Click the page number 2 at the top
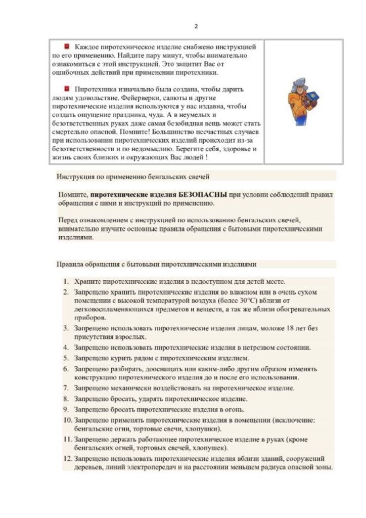point(196,27)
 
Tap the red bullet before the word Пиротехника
point(67,89)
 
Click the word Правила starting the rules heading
point(69,264)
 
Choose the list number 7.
point(66,388)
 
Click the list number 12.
point(67,458)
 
